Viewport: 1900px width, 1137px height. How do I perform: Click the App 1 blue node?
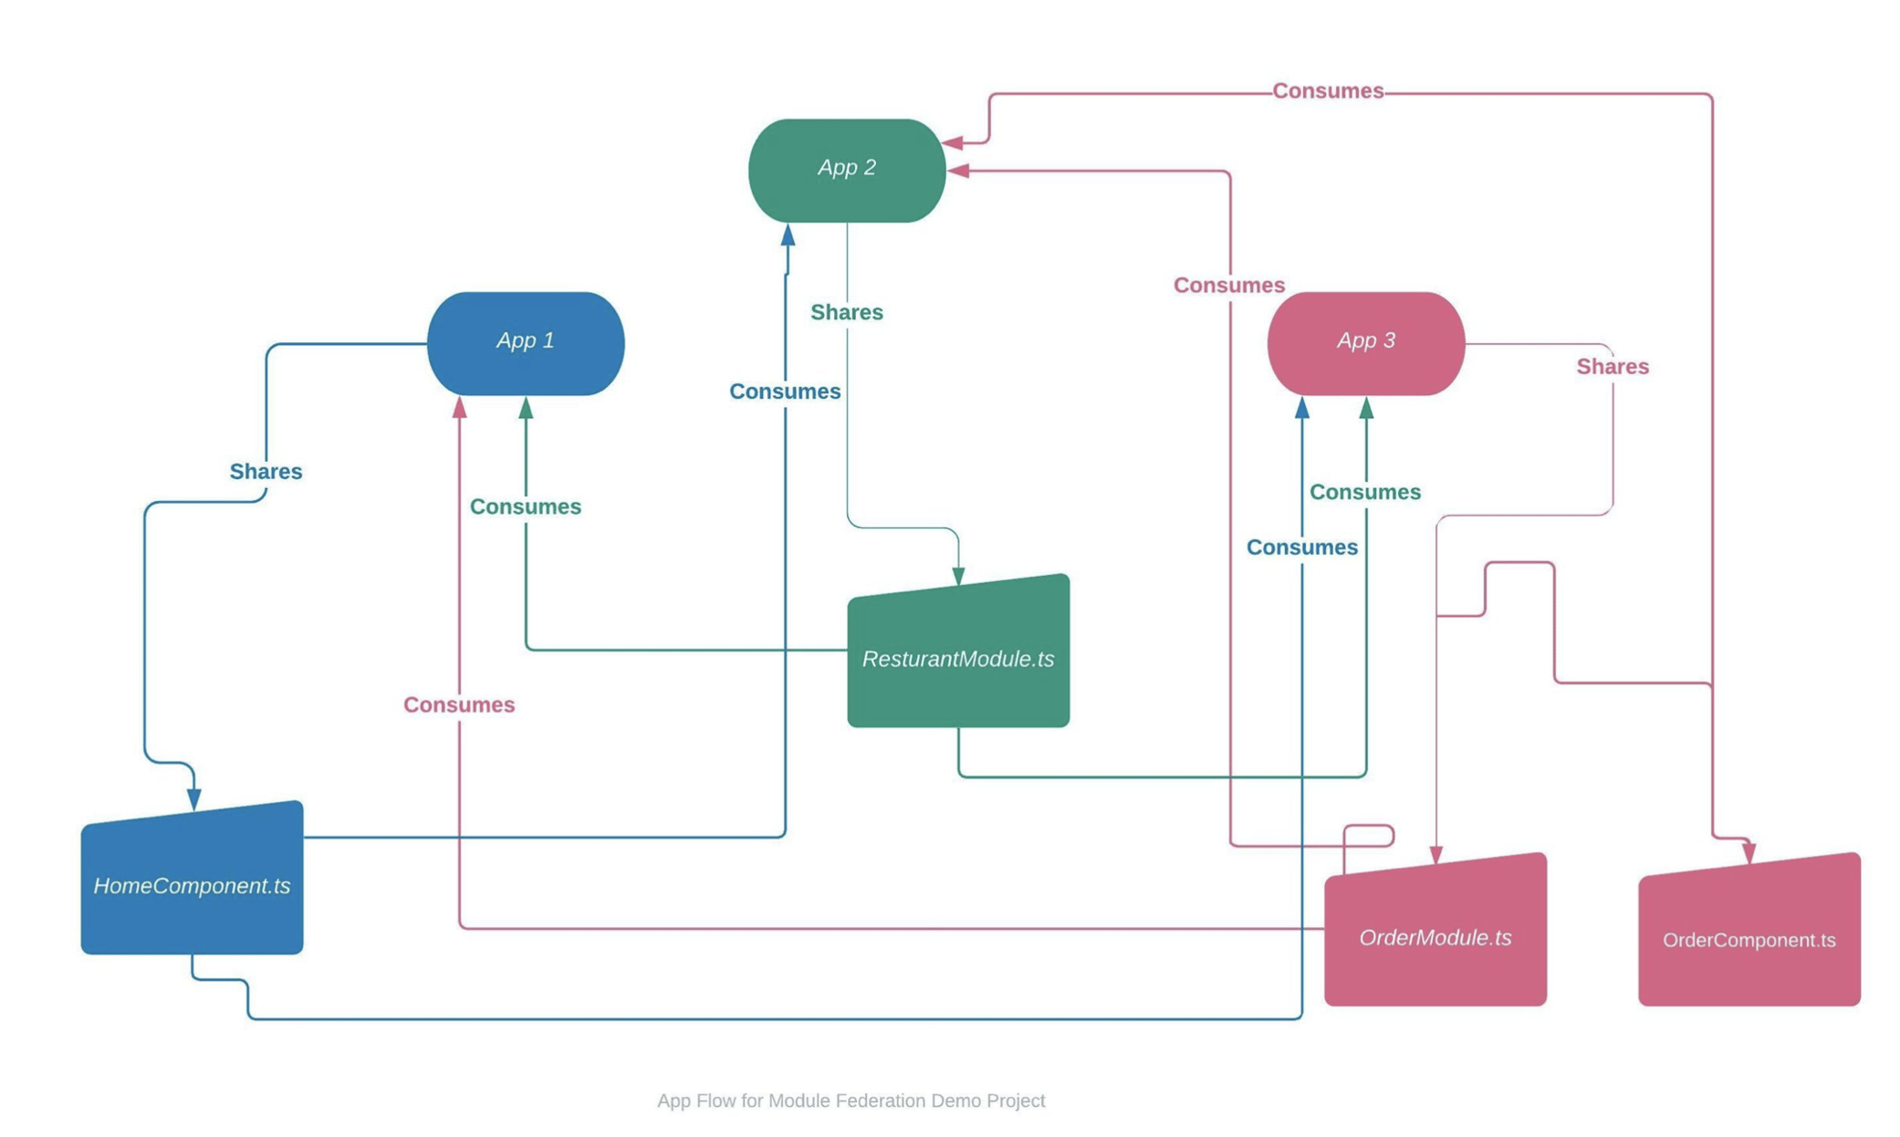pos(525,343)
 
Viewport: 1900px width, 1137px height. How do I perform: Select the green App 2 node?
pos(846,170)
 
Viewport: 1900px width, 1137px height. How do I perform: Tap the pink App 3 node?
pos(1365,343)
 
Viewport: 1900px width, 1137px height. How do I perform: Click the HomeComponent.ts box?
pos(192,883)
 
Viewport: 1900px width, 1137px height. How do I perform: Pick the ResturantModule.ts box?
pos(957,657)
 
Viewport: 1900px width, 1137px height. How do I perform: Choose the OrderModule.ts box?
pos(1435,935)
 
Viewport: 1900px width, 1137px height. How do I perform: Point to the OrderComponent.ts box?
pos(1749,937)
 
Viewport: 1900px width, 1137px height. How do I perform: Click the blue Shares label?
pos(266,471)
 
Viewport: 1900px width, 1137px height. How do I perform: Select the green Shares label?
pos(846,312)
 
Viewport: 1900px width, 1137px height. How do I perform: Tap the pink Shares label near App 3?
pos(1612,366)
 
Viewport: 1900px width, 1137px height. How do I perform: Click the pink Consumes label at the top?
pos(1327,90)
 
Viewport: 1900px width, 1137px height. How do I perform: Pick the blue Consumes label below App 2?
pos(784,391)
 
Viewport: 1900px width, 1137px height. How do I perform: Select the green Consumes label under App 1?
pos(525,506)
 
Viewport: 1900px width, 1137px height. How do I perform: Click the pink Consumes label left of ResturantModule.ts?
pos(458,704)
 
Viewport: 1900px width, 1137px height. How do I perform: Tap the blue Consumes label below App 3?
pos(1301,547)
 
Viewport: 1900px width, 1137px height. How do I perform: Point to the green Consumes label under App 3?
pos(1364,492)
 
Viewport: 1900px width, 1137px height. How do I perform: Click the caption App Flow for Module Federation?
pos(851,1100)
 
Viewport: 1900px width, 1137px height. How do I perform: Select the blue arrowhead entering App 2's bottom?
pos(788,235)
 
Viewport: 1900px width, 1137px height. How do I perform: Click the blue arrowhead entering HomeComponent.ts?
pos(193,799)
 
